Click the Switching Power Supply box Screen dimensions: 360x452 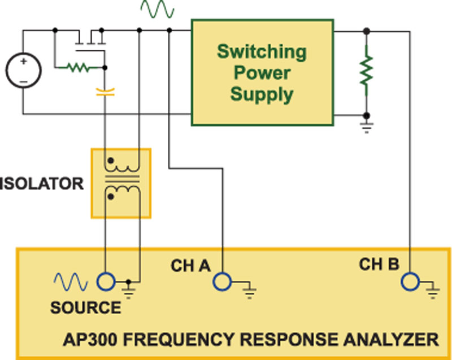pyautogui.click(x=262, y=72)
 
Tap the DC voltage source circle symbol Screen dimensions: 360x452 pyautogui.click(x=23, y=72)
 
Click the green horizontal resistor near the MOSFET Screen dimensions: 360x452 pyautogui.click(x=79, y=68)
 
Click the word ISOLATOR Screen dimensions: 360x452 pyautogui.click(x=42, y=184)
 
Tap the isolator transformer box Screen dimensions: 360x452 pyautogui.click(x=121, y=183)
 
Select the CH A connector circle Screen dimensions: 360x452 pyautogui.click(x=221, y=281)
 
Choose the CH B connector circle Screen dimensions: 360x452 pyautogui.click(x=408, y=281)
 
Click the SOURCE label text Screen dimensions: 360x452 pyautogui.click(x=85, y=308)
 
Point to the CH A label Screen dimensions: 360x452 pyautogui.click(x=190, y=264)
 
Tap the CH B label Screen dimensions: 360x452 pyautogui.click(x=379, y=264)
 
